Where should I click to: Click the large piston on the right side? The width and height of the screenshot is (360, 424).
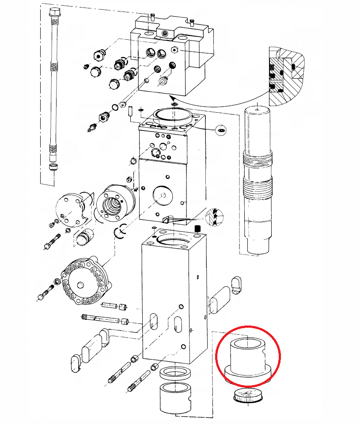point(258,181)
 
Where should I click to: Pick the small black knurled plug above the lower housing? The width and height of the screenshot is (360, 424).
point(198,229)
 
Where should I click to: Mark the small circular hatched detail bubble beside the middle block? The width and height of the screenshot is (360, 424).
point(215,217)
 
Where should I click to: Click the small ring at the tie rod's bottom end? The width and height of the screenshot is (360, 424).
point(53,167)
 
